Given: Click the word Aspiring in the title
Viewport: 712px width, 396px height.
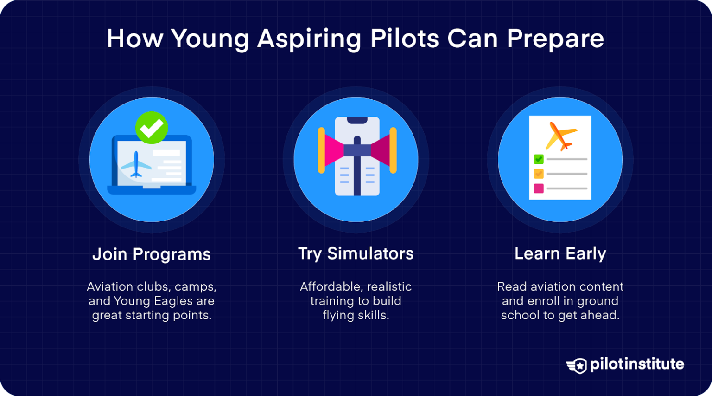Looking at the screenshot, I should click(309, 39).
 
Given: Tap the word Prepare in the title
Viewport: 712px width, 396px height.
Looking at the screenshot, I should click(555, 39).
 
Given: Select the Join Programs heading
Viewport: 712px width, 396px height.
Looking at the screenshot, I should click(152, 254).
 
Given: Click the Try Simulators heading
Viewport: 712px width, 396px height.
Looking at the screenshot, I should click(356, 253).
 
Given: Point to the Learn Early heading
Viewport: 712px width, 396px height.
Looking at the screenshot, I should click(560, 253).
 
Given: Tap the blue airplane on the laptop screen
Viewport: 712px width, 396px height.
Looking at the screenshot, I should click(136, 164).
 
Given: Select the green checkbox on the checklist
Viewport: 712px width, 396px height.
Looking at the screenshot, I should click(539, 159).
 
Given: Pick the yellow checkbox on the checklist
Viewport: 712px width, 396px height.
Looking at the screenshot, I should click(539, 174).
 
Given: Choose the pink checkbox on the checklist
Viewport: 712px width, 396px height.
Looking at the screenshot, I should click(539, 188).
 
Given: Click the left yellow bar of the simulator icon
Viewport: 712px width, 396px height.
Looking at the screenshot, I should click(321, 150).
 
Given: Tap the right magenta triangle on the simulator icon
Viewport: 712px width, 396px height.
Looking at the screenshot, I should click(381, 150).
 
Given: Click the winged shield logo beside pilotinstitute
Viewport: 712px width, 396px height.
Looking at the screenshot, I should click(577, 365).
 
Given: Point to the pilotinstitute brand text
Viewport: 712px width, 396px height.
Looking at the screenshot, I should click(637, 364).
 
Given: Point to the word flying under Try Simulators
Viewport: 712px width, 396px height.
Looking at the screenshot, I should click(338, 315).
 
